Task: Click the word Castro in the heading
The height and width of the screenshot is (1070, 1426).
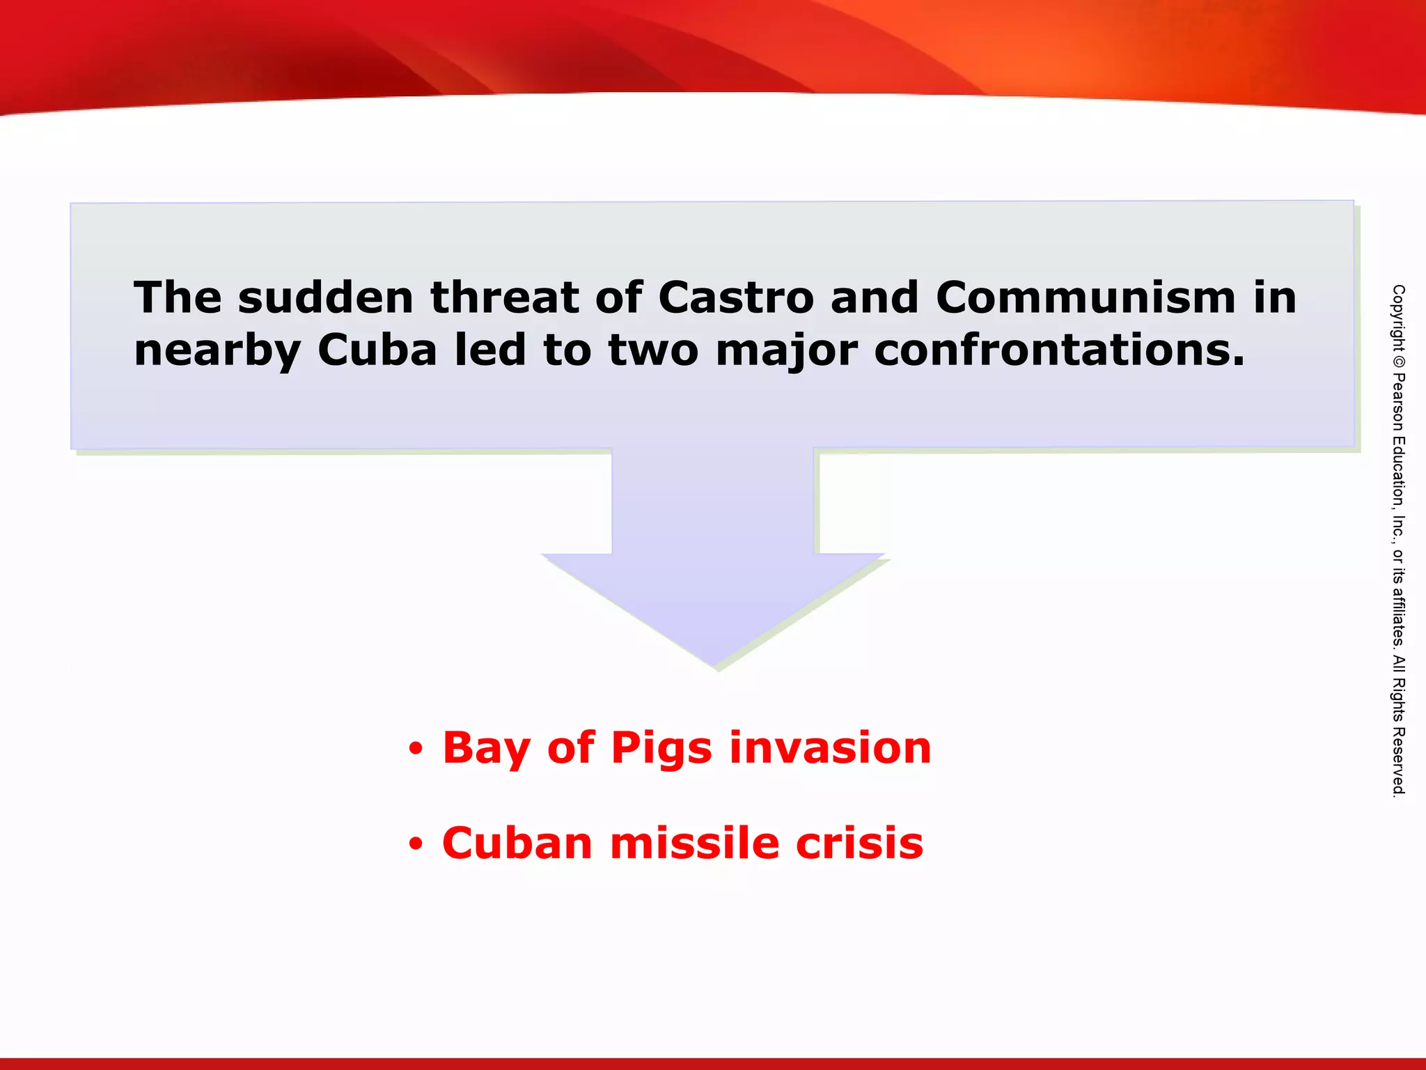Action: click(735, 298)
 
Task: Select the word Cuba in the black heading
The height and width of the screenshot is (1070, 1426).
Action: click(377, 350)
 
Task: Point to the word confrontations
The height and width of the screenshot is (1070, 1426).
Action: click(1058, 350)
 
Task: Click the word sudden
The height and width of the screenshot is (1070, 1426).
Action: click(326, 298)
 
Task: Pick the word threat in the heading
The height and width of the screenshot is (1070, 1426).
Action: click(504, 298)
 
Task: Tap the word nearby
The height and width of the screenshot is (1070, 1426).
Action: click(217, 351)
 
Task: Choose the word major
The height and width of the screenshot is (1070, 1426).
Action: click(787, 351)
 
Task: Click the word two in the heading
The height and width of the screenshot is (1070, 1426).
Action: click(653, 350)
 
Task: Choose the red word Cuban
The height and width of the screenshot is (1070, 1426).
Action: click(517, 843)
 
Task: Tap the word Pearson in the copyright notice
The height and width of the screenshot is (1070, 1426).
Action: click(1398, 403)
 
